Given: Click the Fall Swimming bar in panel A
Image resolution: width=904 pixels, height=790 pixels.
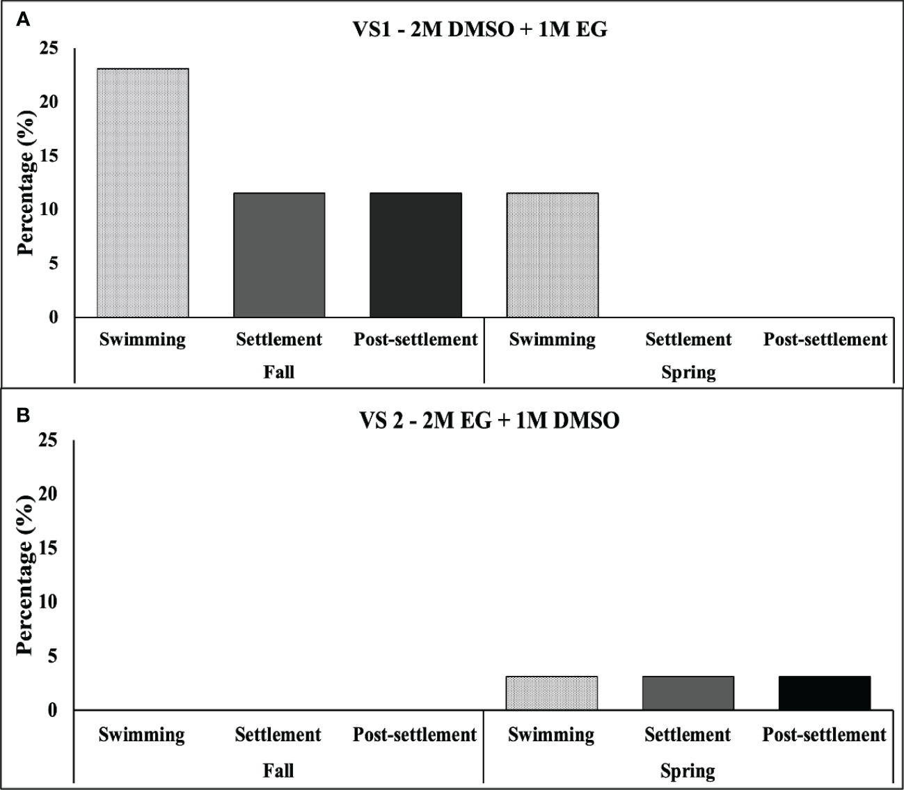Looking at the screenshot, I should click(x=143, y=193).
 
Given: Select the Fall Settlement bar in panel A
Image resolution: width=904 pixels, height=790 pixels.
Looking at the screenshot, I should click(x=279, y=255).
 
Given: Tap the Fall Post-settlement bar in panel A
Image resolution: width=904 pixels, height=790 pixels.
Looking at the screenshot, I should click(x=415, y=255).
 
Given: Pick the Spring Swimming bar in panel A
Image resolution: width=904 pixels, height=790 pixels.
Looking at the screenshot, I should click(x=553, y=255).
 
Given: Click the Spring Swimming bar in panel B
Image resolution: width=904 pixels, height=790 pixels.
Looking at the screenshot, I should click(x=552, y=693).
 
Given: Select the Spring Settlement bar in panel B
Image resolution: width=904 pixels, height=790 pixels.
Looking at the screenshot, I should click(x=688, y=693).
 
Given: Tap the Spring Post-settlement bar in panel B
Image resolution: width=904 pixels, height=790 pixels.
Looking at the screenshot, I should click(x=825, y=693).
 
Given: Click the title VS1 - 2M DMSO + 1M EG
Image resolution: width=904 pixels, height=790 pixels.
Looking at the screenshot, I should click(x=479, y=29).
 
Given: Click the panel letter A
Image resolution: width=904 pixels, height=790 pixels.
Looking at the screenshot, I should click(x=23, y=19).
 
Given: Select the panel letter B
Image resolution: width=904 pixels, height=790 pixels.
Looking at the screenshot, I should click(x=23, y=416).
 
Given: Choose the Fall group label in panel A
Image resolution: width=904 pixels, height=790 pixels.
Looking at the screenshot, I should click(x=278, y=372).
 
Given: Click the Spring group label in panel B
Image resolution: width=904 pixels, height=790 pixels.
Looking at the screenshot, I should click(x=688, y=771).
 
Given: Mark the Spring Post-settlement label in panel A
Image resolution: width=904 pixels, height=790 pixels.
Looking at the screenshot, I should click(x=825, y=340).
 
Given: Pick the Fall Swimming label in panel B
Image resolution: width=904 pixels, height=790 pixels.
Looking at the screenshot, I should click(x=142, y=735).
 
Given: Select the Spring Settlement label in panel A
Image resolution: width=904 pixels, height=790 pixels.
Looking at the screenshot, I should click(x=688, y=340).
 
